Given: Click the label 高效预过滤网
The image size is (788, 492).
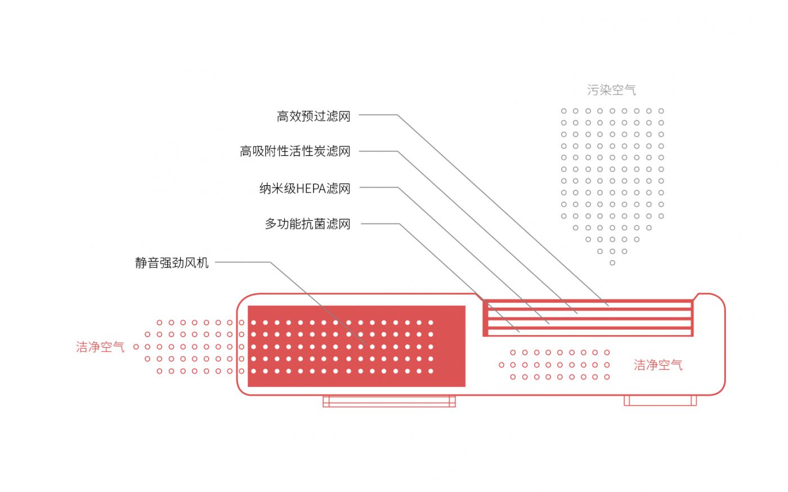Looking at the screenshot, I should pos(314,116).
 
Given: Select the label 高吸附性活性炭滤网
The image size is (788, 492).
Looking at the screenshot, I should pos(295,151).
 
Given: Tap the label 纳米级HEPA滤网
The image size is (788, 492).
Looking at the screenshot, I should pos(305,188).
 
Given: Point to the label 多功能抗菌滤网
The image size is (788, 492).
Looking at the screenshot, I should pos(307,224).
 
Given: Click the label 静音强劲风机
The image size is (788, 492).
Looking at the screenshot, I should pos(172,263).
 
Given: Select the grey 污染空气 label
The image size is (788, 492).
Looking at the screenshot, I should pos(611,90).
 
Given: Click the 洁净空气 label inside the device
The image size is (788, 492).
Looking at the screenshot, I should pos(657,365).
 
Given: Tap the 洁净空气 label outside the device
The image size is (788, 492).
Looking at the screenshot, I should pos(100,347).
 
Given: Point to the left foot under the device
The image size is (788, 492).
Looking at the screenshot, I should pos(389,401).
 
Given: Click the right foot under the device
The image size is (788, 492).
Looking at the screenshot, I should pos(660,400).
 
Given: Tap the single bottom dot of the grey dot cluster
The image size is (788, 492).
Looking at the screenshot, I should pos(612,263).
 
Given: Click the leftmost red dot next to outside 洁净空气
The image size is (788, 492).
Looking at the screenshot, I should pos(136,347).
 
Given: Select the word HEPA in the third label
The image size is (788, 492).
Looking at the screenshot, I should pos(311,188).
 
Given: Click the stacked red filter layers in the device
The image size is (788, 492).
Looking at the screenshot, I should pos(588,318).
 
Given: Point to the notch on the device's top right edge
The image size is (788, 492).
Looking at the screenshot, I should pos(696,296).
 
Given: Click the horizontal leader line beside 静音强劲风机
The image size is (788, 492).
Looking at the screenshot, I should pos(242,262).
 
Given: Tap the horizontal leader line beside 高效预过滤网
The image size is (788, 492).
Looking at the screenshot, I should pos(378,115).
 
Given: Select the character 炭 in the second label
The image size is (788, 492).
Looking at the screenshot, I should pos(320,151).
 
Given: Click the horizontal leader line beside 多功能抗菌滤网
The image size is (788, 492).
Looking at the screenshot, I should pos(380,223).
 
